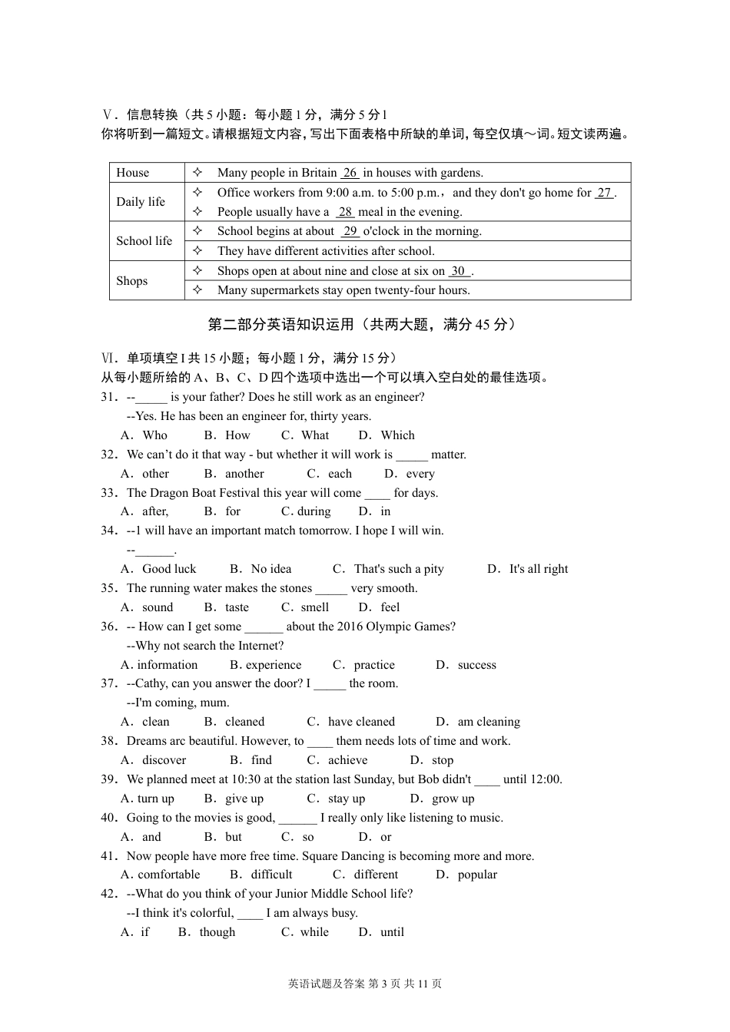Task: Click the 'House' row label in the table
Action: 133,173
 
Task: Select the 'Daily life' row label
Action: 141,202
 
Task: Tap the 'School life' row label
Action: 144,241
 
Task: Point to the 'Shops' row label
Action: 131,281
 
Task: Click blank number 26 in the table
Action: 350,173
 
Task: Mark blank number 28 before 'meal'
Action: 345,212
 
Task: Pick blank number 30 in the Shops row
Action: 458,271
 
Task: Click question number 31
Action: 109,397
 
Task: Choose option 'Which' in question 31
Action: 397,435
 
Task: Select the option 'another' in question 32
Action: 244,474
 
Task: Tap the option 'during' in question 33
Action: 314,511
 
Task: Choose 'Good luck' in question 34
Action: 169,569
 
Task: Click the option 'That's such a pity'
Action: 399,569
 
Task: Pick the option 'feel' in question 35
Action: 390,607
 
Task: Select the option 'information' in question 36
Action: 168,665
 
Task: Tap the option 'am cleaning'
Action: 489,722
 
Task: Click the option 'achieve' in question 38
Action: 347,760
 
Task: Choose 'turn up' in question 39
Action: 156,799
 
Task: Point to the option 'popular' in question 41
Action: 477,875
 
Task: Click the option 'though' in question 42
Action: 217,932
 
